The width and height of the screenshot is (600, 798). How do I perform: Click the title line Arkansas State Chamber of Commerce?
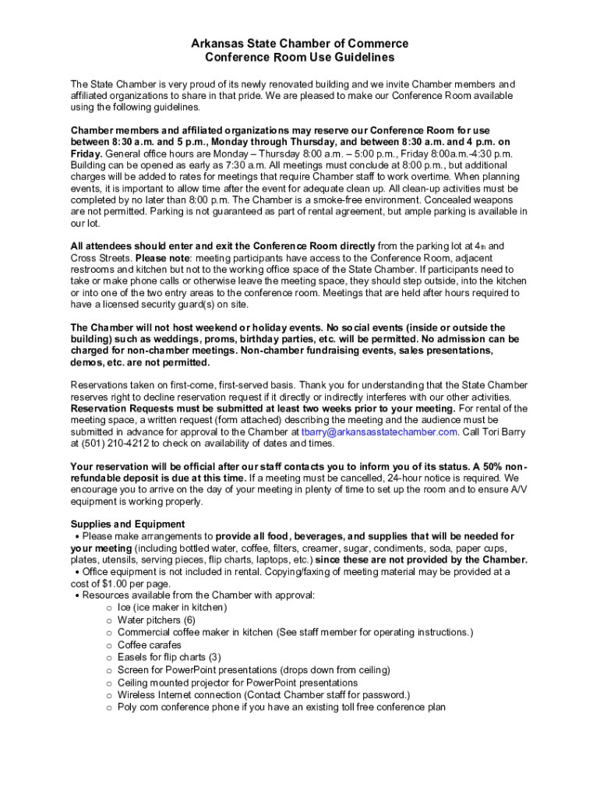pos(300,44)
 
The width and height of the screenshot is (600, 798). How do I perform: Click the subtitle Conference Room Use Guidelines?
pos(300,58)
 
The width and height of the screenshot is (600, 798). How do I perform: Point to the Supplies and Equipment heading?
pos(128,524)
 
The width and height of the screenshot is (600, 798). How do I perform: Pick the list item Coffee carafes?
pos(149,644)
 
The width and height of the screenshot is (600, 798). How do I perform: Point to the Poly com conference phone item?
pos(281,707)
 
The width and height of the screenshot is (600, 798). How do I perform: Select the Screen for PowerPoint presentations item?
pos(253,669)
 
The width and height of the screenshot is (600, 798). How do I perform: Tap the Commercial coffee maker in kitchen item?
pos(295,632)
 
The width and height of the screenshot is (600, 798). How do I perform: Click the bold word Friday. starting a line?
pos(86,154)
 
